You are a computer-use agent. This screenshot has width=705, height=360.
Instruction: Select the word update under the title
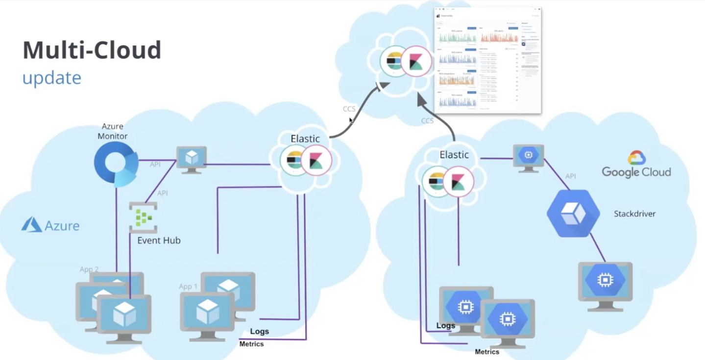pos(51,77)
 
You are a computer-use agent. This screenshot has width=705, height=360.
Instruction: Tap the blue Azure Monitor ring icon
pos(116,164)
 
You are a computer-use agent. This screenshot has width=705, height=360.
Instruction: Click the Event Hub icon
pos(143,217)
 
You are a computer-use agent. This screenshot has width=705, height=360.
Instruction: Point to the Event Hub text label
pos(159,240)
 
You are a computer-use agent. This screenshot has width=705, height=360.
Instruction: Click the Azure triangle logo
pos(31,225)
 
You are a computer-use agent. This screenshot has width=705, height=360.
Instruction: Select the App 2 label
pos(89,269)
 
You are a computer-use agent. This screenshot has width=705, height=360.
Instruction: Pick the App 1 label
pos(188,287)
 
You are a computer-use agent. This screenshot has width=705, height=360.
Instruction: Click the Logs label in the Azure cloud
pos(259,332)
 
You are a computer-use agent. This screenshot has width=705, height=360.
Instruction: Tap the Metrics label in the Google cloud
pos(487,352)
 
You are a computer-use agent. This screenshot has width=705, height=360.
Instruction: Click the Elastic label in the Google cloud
pos(454,155)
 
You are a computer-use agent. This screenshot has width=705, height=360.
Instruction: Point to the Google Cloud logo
pos(636,165)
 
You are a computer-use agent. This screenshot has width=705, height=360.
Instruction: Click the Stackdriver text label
pos(634,214)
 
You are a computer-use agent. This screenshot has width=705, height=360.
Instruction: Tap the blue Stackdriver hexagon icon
pos(573,214)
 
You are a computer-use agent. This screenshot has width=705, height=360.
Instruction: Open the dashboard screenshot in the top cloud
pos(487,61)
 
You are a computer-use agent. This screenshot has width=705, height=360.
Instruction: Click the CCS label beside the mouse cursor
pos(348,109)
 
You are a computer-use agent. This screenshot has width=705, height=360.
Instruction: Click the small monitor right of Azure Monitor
pos(191,159)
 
